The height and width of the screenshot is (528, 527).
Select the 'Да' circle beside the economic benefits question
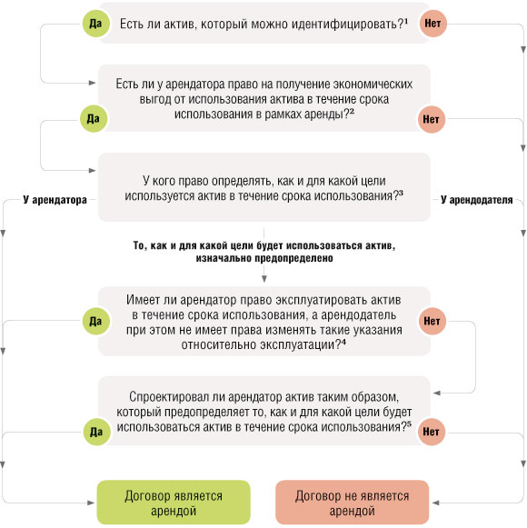point(91,117)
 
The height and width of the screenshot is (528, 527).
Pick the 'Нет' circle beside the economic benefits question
point(433,117)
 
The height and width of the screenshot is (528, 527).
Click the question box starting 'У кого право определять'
point(263,186)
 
